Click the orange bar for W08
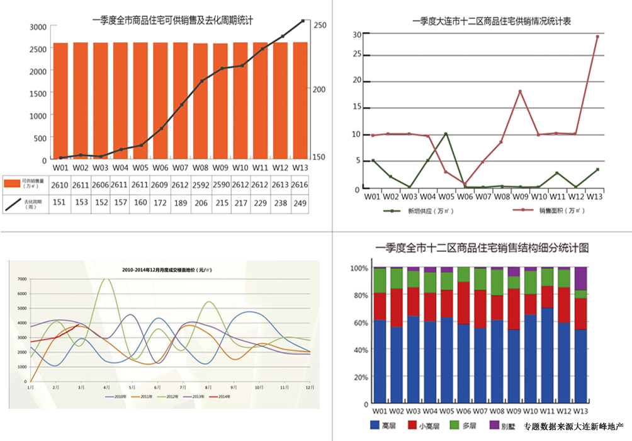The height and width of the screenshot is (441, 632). click(200, 101)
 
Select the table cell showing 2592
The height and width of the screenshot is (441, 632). click(200, 185)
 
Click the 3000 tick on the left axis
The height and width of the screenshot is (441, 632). click(38, 26)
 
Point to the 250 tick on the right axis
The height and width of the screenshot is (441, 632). click(320, 25)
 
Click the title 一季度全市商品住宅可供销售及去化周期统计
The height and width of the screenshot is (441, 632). click(172, 20)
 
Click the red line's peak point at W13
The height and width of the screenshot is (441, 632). click(597, 37)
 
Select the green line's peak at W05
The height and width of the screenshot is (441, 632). click(446, 134)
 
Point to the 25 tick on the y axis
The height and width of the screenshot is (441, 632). click(357, 54)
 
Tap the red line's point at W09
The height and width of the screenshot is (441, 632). click(520, 91)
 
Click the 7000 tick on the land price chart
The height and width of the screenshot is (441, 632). click(21, 278)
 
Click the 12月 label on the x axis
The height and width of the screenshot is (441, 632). click(309, 387)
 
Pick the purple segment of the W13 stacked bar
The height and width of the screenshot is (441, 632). click(581, 278)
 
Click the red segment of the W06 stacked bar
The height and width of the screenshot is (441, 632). click(463, 302)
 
